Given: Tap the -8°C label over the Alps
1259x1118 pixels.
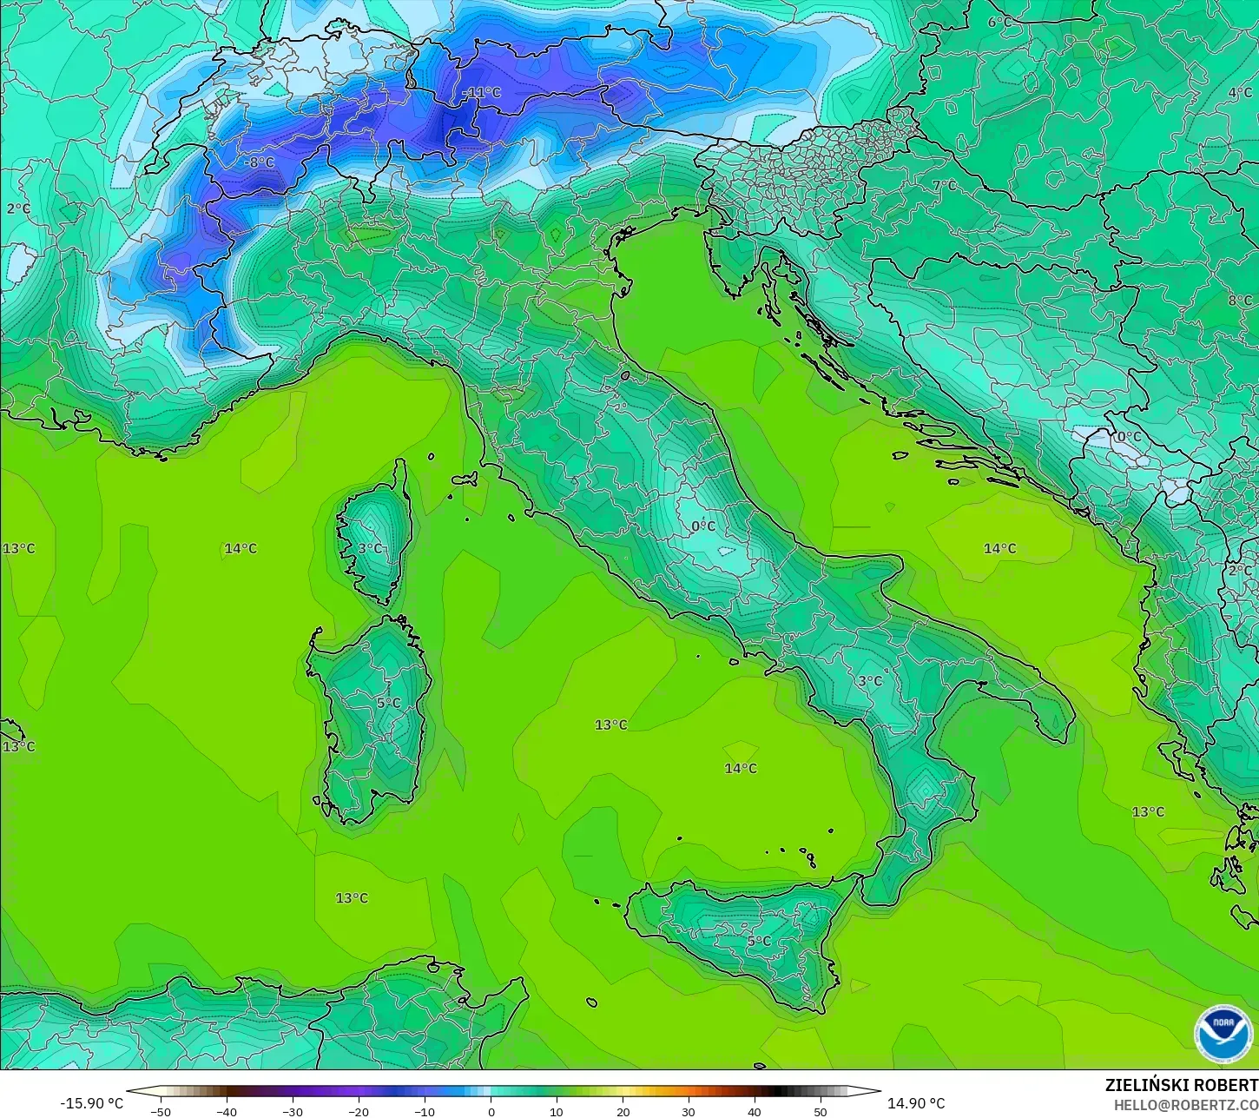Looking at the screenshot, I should click(x=258, y=162).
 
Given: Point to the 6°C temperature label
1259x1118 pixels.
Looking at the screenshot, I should click(x=996, y=23).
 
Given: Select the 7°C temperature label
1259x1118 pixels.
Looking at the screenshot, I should click(x=945, y=185).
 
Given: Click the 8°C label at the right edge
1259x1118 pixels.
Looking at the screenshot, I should click(x=1240, y=301).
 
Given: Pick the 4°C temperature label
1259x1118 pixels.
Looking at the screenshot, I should click(x=1240, y=93).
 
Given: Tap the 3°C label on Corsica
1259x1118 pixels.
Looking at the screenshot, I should click(x=370, y=548).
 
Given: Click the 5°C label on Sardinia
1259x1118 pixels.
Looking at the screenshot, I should click(x=389, y=703).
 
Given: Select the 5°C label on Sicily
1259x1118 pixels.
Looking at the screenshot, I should click(x=759, y=941).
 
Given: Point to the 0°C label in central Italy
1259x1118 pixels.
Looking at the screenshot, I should click(x=703, y=526).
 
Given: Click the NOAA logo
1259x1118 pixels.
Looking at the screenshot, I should click(x=1223, y=1034).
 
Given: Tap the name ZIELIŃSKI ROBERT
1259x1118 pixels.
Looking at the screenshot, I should click(x=1181, y=1085).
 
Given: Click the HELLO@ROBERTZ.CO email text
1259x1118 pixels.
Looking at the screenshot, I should click(x=1186, y=1104).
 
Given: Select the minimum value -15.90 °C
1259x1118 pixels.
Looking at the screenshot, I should click(x=92, y=1103).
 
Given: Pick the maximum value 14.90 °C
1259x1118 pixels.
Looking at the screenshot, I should click(x=916, y=1103).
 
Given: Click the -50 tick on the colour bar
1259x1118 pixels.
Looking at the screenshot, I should click(x=161, y=1111).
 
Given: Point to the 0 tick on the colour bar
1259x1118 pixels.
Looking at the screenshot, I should click(x=491, y=1111).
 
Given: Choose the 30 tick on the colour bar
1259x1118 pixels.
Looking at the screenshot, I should click(x=689, y=1111).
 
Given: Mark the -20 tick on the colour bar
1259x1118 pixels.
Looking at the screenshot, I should click(x=359, y=1111).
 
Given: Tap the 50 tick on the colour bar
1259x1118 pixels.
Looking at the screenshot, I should click(x=821, y=1111).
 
